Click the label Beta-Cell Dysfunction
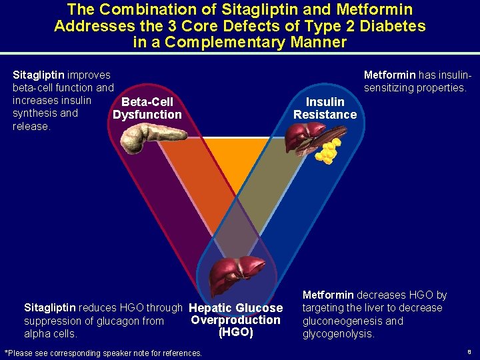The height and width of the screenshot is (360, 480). pyautogui.click(x=147, y=108)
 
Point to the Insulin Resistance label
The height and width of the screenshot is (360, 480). pyautogui.click(x=325, y=108)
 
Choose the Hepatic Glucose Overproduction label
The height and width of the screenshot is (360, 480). pyautogui.click(x=235, y=314)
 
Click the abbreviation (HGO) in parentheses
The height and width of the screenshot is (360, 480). pyautogui.click(x=235, y=332)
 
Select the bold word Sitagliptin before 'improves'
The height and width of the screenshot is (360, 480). pyautogui.click(x=39, y=75)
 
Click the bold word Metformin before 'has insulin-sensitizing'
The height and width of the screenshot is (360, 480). pyautogui.click(x=389, y=75)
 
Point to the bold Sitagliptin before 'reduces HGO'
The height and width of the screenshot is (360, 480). pyautogui.click(x=50, y=308)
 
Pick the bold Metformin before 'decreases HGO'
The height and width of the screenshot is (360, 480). pyautogui.click(x=328, y=295)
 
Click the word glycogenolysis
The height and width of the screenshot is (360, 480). pyautogui.click(x=338, y=334)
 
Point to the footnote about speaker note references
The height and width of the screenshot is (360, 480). pyautogui.click(x=103, y=353)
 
